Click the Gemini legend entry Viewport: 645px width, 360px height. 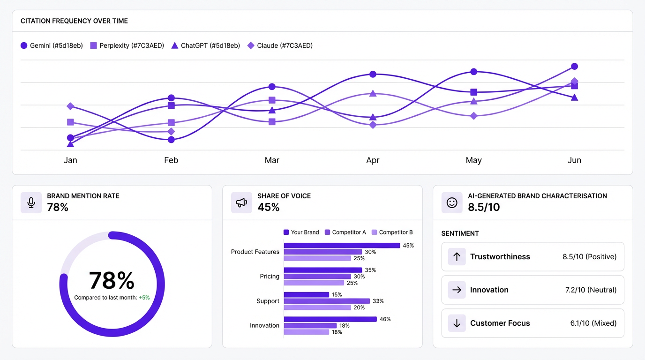tap(52, 45)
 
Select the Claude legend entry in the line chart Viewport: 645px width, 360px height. tap(280, 45)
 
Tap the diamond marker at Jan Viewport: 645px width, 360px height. tap(70, 106)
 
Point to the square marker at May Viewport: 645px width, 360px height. tap(473, 92)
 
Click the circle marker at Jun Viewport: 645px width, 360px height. tap(574, 67)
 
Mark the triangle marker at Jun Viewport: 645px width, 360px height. tap(574, 97)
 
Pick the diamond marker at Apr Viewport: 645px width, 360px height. tap(373, 125)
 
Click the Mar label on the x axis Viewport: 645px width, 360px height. tap(272, 160)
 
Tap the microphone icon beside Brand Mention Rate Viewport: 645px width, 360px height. tap(31, 202)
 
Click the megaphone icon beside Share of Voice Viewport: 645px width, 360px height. tap(241, 202)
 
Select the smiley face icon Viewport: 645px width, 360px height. tap(452, 202)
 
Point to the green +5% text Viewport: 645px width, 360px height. tap(144, 298)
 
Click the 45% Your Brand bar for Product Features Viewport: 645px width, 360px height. tap(342, 246)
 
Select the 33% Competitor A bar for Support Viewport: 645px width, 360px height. tap(327, 301)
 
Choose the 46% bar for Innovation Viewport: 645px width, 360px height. tap(330, 319)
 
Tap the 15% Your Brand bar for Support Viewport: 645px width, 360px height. tap(307, 295)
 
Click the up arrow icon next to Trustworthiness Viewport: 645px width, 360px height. tap(457, 257)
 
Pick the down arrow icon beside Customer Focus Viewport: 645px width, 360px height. tap(457, 323)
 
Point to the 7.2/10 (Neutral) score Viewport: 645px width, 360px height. tap(591, 290)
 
